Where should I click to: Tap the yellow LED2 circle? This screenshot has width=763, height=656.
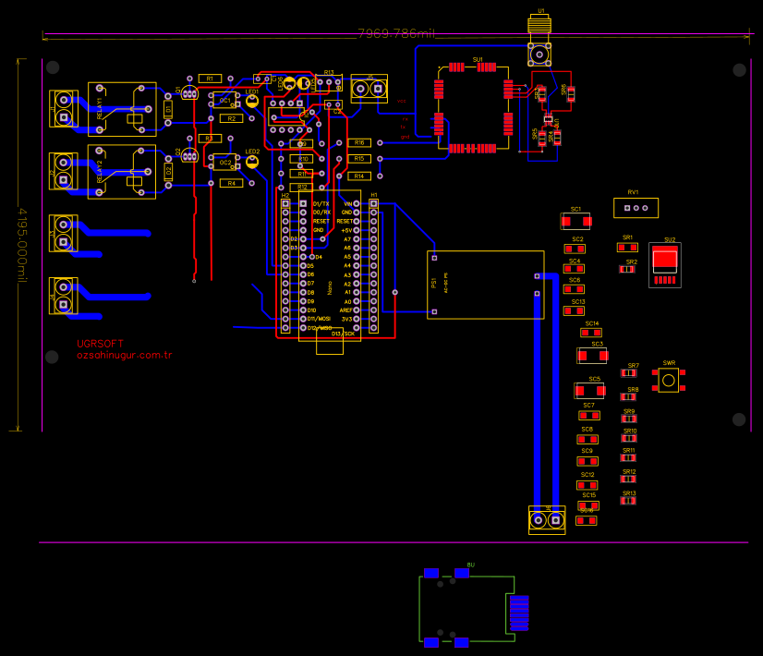pyautogui.click(x=252, y=162)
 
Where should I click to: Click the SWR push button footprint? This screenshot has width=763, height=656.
pyautogui.click(x=669, y=379)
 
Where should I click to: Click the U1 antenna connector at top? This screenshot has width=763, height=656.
pyautogui.click(x=539, y=42)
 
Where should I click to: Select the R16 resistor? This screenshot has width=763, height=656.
pyautogui.click(x=359, y=142)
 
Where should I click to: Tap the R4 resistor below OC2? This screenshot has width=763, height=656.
pyautogui.click(x=232, y=183)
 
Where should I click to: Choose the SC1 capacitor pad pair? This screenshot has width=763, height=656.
pyautogui.click(x=575, y=221)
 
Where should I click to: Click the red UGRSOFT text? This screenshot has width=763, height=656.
pyautogui.click(x=100, y=344)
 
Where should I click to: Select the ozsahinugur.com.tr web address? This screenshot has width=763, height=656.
pyautogui.click(x=125, y=355)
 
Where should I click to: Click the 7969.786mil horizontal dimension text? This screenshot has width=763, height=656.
pyautogui.click(x=395, y=33)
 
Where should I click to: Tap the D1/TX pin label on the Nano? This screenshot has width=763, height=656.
pyautogui.click(x=321, y=203)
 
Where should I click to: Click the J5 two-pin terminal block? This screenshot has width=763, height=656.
pyautogui.click(x=369, y=89)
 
